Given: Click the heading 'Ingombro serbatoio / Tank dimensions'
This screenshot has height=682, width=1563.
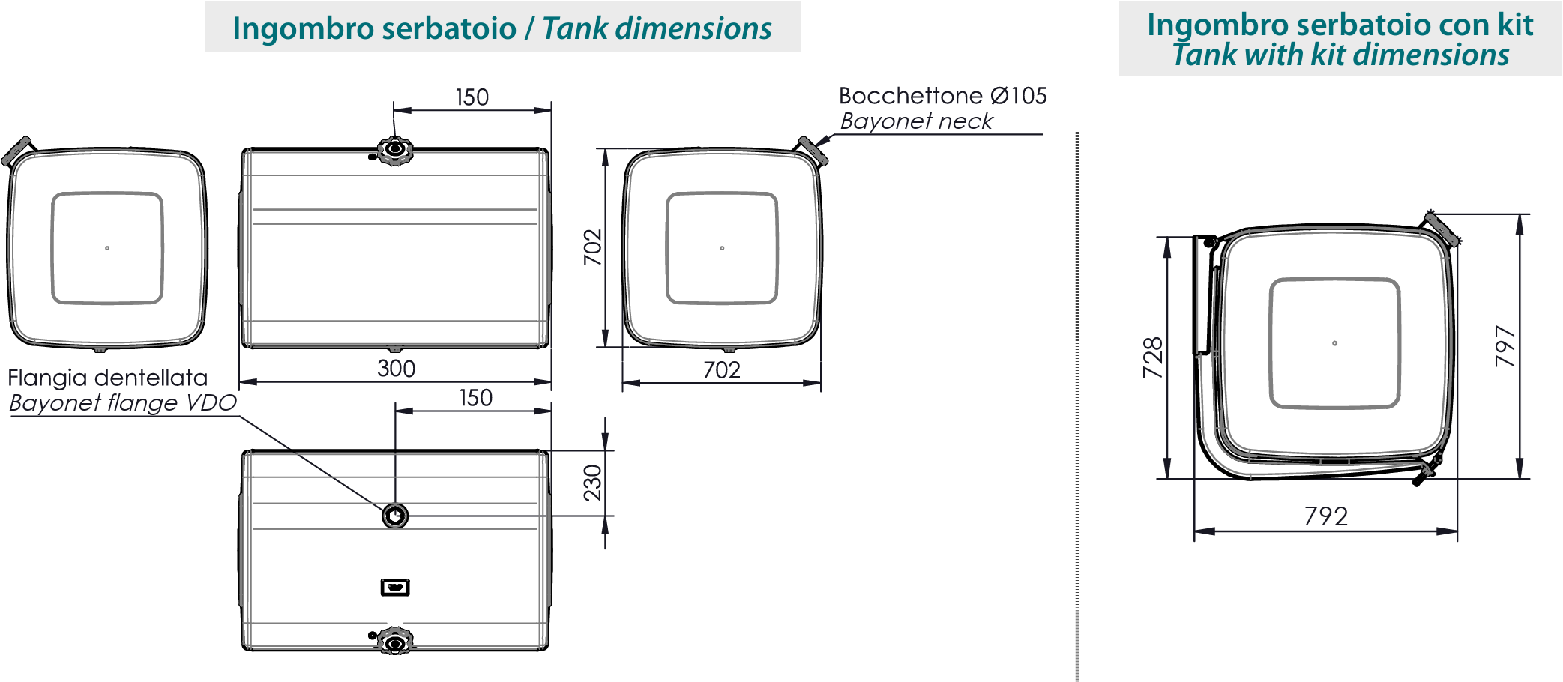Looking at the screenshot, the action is [502, 28].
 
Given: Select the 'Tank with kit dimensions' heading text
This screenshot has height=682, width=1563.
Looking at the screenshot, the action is [1340, 55].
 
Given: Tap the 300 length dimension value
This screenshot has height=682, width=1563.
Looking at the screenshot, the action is [396, 369].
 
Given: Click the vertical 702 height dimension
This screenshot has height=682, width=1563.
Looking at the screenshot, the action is [593, 247].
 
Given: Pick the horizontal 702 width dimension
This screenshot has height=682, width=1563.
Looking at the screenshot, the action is [721, 370].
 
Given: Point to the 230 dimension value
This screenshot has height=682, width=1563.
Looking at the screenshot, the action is [593, 483].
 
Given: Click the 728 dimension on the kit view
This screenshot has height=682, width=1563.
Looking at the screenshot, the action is [1153, 357].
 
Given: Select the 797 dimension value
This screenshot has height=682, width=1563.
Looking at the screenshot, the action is [1505, 346].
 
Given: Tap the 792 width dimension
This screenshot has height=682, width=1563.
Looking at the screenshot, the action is [1325, 516].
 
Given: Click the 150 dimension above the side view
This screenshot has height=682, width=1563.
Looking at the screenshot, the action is [472, 97].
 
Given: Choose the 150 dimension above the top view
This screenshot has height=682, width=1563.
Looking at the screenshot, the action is [476, 398].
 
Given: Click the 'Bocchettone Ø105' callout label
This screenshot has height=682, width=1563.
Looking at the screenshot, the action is [942, 96].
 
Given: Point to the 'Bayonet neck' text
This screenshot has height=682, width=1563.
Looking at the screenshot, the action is [916, 121].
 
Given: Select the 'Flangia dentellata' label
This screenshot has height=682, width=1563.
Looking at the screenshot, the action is [108, 378].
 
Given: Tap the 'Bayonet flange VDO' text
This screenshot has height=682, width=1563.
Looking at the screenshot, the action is [123, 403].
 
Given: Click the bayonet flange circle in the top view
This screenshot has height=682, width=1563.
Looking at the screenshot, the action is [395, 516].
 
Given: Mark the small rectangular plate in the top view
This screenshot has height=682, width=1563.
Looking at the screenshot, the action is [395, 587].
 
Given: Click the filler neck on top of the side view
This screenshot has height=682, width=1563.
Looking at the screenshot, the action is [394, 150].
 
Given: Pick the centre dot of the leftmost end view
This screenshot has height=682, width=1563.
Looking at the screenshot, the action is [107, 248].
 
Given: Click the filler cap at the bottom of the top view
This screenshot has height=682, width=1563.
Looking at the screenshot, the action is [394, 642].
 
